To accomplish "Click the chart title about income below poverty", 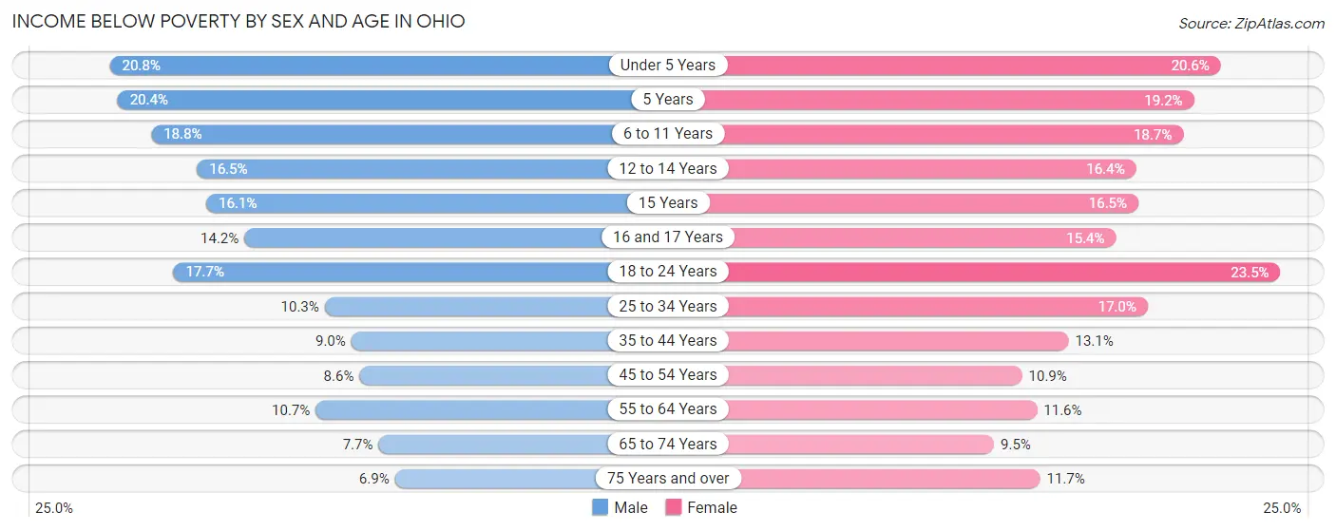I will (239, 21).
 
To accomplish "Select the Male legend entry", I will (620, 508).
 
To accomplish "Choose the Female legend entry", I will (701, 508).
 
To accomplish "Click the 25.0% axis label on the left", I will (54, 508).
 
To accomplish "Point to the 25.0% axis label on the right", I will (1281, 508).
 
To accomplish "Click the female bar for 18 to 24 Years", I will (998, 272).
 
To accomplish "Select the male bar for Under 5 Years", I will (361, 66).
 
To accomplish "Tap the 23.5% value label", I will (1249, 272).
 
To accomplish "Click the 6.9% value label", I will (373, 479).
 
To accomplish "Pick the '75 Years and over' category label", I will (667, 479).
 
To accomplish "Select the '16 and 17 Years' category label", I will (667, 237).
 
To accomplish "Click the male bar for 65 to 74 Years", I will (494, 444).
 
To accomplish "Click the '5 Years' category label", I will (667, 100).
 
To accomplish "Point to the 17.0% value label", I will (1117, 306).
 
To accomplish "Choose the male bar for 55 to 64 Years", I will (466, 409).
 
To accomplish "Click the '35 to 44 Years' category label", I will (667, 341).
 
